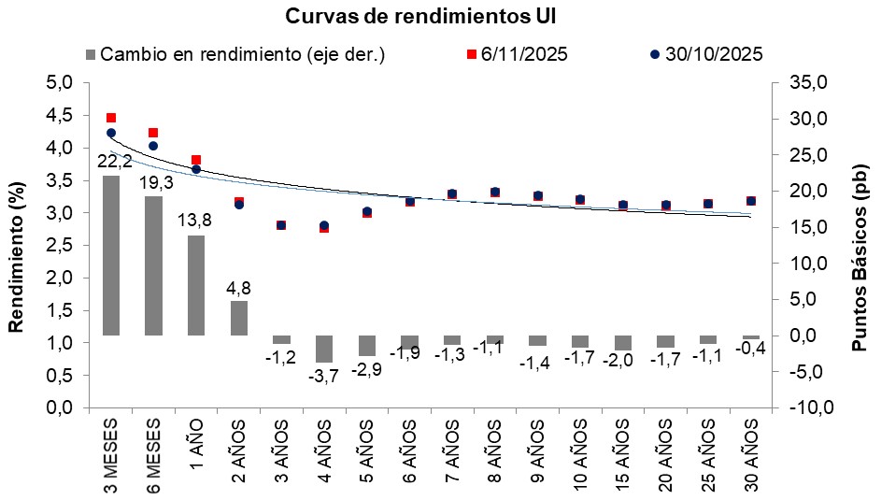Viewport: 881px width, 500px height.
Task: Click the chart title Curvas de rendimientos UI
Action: tap(441, 17)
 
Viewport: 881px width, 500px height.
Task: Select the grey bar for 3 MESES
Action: tap(111, 254)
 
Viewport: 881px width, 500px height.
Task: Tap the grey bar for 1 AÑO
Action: tap(196, 285)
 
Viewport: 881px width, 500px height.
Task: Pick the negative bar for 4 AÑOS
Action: tap(324, 349)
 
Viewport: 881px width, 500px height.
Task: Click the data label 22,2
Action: tap(113, 163)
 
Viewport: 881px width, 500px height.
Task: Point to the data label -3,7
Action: tap(323, 376)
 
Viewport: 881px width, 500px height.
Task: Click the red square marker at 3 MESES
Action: tap(111, 118)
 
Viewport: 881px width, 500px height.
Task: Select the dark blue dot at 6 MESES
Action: tap(154, 146)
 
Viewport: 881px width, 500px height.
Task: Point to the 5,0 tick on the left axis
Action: tap(59, 83)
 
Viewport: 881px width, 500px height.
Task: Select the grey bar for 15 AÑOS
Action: tap(623, 342)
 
